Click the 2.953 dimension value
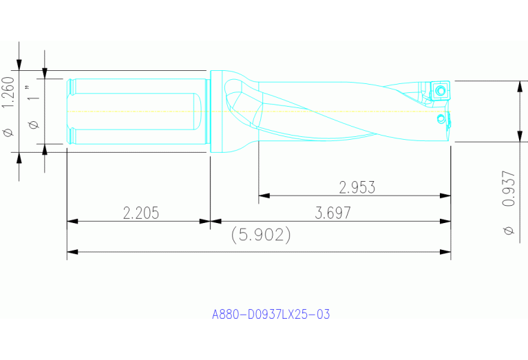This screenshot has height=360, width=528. pyautogui.click(x=357, y=187)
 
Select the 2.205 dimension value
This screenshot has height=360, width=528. pyautogui.click(x=140, y=213)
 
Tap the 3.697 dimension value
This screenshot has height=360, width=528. pyautogui.click(x=332, y=213)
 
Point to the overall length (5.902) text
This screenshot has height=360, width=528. pyautogui.click(x=260, y=235)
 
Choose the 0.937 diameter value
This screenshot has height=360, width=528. pyautogui.click(x=509, y=188)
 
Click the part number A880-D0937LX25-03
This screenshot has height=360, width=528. pyautogui.click(x=271, y=315)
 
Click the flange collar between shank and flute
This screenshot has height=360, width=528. pyautogui.click(x=216, y=110)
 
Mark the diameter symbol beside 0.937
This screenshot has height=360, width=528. pyautogui.click(x=509, y=230)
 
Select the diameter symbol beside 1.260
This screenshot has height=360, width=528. pyautogui.click(x=8, y=131)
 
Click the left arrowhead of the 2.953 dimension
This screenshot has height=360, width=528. pyautogui.click(x=263, y=195)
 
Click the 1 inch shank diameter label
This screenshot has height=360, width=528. pyautogui.click(x=29, y=94)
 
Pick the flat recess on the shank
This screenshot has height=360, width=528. pyautogui.click(x=135, y=110)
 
